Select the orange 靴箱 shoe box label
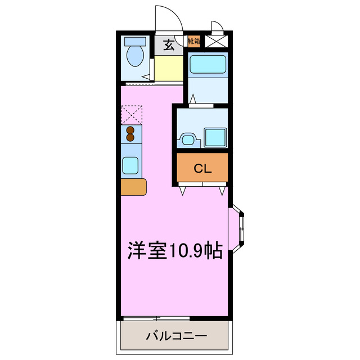point(193,41)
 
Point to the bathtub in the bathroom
point(208,65)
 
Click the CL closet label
point(202,168)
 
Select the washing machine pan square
point(214,137)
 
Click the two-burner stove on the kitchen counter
point(130,134)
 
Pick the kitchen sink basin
point(130,165)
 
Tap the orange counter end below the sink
point(133,187)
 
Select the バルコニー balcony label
point(176,337)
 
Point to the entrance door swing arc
point(169,17)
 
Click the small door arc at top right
point(217,27)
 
